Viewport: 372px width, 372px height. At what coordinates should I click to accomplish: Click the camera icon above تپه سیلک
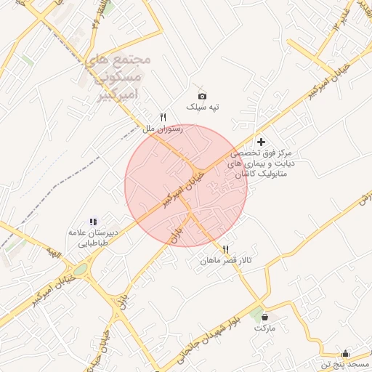pyautogui.click(x=202, y=96)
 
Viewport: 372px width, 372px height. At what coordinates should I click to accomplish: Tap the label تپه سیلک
pyautogui.click(x=203, y=108)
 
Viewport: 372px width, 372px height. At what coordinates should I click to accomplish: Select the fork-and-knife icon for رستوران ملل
pyautogui.click(x=163, y=117)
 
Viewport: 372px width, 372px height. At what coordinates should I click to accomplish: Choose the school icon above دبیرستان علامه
pyautogui.click(x=93, y=222)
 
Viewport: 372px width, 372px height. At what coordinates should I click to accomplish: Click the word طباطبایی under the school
pyautogui.click(x=93, y=244)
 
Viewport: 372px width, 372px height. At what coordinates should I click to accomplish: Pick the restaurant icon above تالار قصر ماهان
pyautogui.click(x=226, y=249)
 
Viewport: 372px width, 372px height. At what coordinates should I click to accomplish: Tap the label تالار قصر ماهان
pyautogui.click(x=228, y=260)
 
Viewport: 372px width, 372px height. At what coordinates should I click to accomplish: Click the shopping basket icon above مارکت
pyautogui.click(x=264, y=317)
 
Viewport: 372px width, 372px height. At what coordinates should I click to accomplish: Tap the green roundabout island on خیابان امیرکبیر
pyautogui.click(x=80, y=270)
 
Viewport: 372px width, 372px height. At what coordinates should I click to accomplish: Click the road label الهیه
pyautogui.click(x=51, y=251)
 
